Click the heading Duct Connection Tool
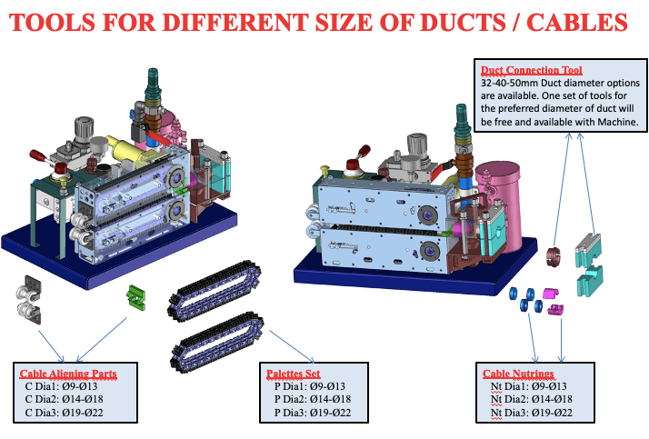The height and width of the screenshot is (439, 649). [531, 70]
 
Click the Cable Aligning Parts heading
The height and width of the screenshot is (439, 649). [68, 374]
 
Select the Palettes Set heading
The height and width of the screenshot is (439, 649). [292, 374]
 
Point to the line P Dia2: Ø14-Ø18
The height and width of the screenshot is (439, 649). [312, 400]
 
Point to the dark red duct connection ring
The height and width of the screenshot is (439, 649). [553, 256]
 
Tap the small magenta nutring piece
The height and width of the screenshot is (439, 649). [548, 294]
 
